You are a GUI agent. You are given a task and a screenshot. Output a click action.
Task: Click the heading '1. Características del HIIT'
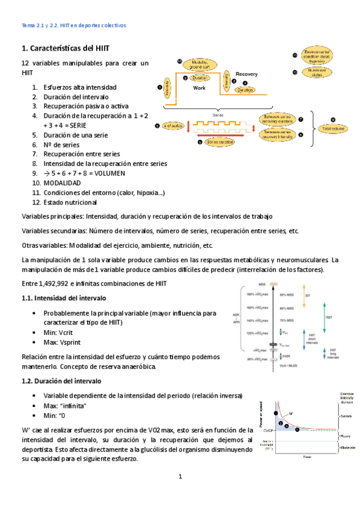pyautogui.click(x=66, y=48)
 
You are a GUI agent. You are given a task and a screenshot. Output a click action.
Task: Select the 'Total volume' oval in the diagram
pyautogui.click(x=335, y=128)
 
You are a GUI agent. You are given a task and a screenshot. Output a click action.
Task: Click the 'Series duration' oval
pyautogui.click(x=219, y=143)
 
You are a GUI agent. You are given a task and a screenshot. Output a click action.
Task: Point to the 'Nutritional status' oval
pyautogui.click(x=316, y=73)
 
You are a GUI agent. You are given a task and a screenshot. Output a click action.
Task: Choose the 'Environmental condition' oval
pyautogui.click(x=316, y=55)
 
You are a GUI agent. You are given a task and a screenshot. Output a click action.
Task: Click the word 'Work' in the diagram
pyautogui.click(x=199, y=88)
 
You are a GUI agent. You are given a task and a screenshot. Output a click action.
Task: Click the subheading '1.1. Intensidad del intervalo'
pyautogui.click(x=64, y=298)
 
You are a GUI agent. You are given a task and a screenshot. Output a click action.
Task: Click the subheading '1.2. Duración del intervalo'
pyautogui.click(x=62, y=381)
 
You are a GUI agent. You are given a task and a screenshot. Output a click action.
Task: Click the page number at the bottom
pyautogui.click(x=179, y=477)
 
